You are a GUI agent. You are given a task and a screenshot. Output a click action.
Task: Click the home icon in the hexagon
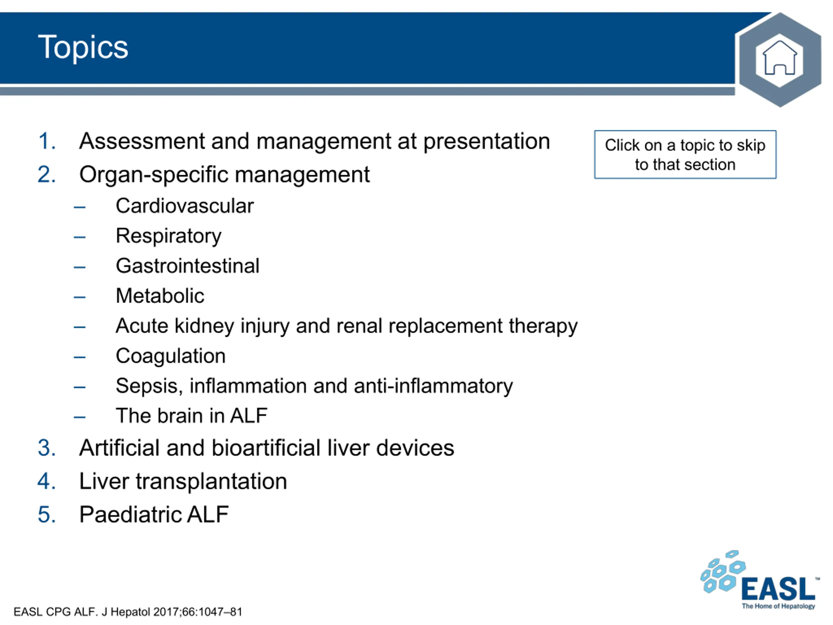tap(780, 58)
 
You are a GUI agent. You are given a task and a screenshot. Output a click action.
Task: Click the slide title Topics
tap(83, 48)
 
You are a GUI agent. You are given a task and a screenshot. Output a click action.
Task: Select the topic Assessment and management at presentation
tap(314, 141)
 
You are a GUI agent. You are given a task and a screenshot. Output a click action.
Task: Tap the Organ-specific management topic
tap(225, 174)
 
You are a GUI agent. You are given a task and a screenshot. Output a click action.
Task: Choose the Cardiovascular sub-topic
tap(184, 206)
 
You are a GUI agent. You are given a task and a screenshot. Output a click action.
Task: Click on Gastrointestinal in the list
tap(187, 266)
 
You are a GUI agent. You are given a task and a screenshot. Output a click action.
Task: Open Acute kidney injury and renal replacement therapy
tap(347, 326)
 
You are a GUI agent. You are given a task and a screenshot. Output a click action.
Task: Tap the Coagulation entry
tap(171, 356)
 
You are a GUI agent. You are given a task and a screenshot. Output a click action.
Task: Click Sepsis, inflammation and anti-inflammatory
tap(314, 386)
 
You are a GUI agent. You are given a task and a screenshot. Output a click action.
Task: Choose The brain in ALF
tap(192, 416)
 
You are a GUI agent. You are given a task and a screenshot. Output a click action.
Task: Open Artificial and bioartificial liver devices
tap(266, 448)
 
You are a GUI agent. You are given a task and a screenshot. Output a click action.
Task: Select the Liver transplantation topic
tap(183, 481)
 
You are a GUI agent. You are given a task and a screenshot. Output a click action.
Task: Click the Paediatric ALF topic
tap(154, 515)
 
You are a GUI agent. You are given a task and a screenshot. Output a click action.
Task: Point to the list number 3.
tap(47, 448)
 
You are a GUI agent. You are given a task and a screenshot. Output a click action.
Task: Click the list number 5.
tap(47, 515)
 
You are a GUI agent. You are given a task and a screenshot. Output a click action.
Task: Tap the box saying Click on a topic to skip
tap(685, 155)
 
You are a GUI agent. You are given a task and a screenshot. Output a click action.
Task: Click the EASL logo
tap(760, 580)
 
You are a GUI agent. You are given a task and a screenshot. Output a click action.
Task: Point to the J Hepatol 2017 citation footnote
tap(128, 612)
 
